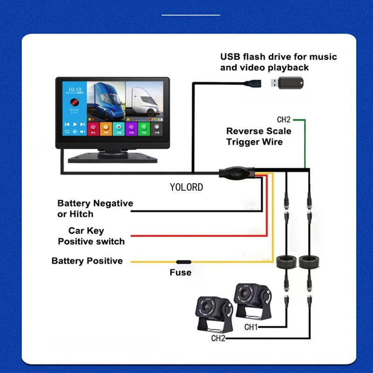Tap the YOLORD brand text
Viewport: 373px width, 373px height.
click(186, 187)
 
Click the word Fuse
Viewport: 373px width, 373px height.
click(180, 272)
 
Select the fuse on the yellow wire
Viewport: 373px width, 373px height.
click(182, 262)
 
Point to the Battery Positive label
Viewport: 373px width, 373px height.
click(87, 261)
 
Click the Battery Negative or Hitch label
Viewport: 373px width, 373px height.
click(95, 208)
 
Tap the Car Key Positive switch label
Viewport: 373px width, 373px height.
click(91, 236)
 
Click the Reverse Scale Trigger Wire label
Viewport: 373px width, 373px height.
click(258, 136)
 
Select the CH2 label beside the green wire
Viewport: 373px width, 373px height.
click(283, 120)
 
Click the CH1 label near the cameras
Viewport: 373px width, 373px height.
click(251, 327)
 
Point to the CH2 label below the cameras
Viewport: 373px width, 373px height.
click(218, 338)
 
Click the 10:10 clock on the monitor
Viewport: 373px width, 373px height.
click(75, 89)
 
